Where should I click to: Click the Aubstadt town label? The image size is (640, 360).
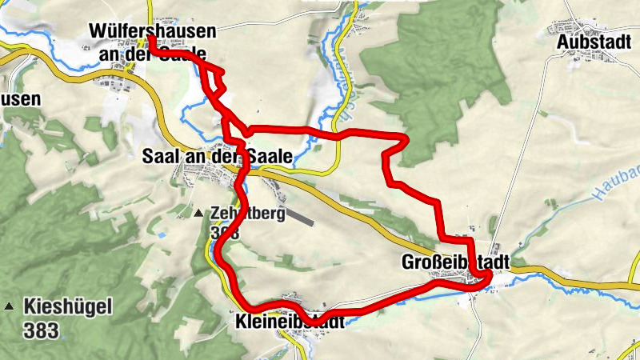pyautogui.click(x=590, y=41)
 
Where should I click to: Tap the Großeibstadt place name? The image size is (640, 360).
pyautogui.click(x=454, y=262)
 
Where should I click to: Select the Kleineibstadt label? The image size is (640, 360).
pyautogui.click(x=290, y=322)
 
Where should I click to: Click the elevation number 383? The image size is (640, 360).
pyautogui.click(x=41, y=328)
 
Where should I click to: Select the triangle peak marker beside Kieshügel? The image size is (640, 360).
pyautogui.click(x=10, y=306)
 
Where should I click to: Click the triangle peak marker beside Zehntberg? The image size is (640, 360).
pyautogui.click(x=199, y=214)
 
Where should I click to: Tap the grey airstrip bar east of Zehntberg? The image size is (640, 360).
pyautogui.click(x=300, y=217)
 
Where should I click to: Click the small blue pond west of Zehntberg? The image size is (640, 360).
pyautogui.click(x=161, y=235)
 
